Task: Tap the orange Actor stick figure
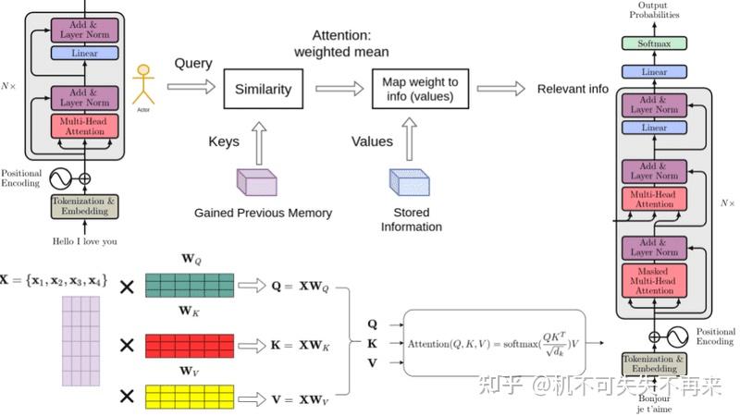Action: click(142, 86)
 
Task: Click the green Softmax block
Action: click(654, 43)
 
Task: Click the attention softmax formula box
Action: click(495, 343)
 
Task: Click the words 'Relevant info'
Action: click(573, 90)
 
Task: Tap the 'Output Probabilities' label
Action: click(654, 10)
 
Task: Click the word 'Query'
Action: click(193, 64)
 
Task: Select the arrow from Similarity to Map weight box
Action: click(339, 90)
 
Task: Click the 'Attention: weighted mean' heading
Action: click(341, 43)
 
